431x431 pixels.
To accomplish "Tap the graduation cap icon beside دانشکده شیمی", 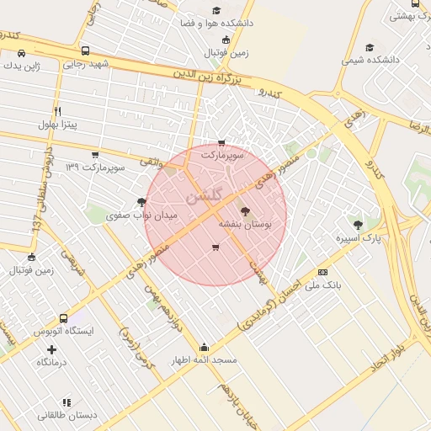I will click(370, 48).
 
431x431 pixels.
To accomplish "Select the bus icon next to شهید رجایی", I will click(88, 51).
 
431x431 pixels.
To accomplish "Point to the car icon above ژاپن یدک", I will click(20, 53).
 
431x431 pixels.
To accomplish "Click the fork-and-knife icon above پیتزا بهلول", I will click(57, 111).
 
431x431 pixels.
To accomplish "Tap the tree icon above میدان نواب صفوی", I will click(141, 202).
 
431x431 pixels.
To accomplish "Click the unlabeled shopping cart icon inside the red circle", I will click(215, 247).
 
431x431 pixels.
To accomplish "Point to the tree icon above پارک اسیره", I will click(359, 225).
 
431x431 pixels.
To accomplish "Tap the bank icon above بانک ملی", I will click(323, 272).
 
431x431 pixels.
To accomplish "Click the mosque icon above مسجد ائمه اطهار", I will click(204, 346).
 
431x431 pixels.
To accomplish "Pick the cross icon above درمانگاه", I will click(52, 349).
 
